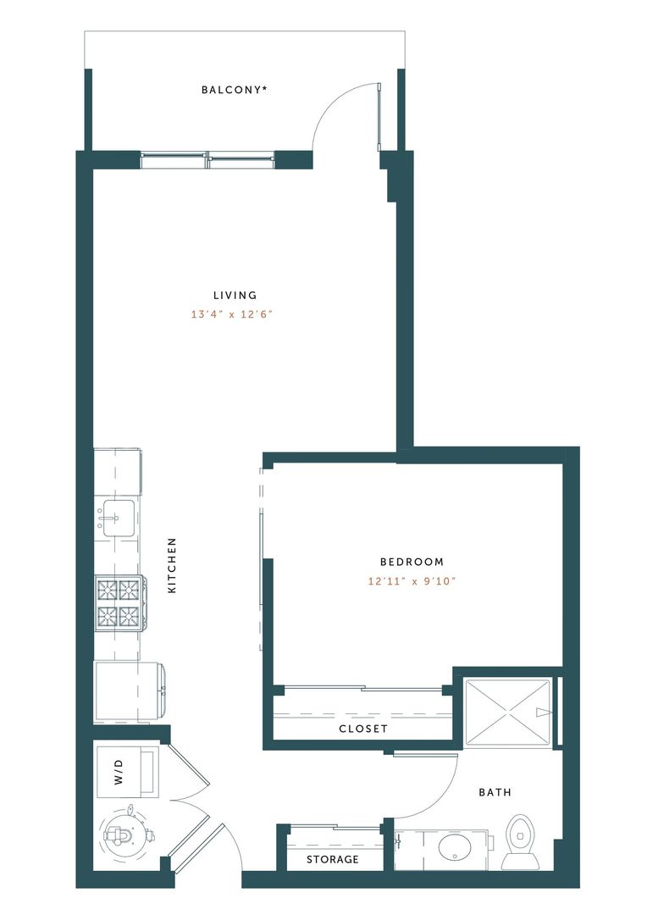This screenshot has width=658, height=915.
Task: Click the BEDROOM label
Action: point(412,562)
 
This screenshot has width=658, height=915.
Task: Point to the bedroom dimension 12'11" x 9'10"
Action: point(412,581)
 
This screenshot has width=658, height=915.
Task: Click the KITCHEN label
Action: point(172,565)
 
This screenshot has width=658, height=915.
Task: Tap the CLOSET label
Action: point(362,729)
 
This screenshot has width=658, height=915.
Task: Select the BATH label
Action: point(495,793)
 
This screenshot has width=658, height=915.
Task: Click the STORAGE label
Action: point(333,859)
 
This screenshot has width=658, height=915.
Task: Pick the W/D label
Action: point(119,773)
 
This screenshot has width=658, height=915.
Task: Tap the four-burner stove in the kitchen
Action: point(119,602)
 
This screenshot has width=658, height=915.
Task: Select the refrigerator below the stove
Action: point(129,692)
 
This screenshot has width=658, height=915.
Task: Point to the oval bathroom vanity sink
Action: point(455,848)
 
